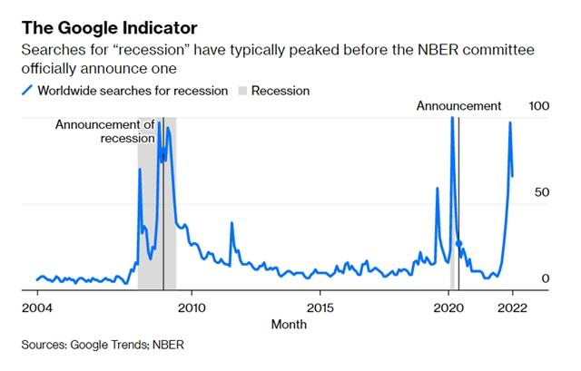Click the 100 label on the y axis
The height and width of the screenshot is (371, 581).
(x=540, y=106)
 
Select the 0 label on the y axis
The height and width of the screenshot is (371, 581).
(x=546, y=278)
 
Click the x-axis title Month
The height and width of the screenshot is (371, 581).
(x=288, y=324)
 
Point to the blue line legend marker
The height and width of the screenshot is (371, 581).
(x=27, y=90)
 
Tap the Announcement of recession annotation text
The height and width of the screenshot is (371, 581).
(x=105, y=131)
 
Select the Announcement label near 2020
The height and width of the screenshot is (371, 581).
(x=458, y=106)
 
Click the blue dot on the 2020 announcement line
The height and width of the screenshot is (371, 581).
(x=458, y=244)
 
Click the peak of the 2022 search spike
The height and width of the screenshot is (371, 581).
(x=509, y=122)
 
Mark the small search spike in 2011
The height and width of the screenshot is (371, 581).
(x=231, y=223)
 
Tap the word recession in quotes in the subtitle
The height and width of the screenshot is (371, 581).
(x=135, y=51)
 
